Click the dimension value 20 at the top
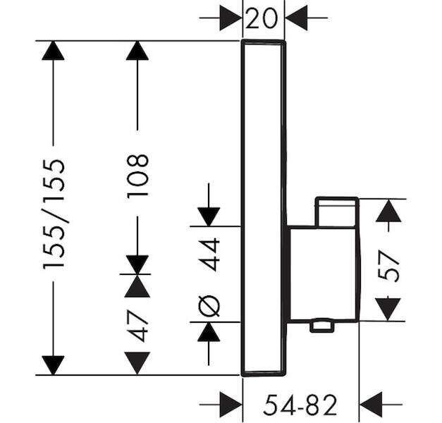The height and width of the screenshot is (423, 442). [262, 18]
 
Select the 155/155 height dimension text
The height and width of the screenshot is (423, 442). [54, 214]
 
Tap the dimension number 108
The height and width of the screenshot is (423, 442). [137, 176]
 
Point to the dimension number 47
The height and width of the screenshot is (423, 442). [137, 326]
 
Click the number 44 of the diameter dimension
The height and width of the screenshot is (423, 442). [209, 255]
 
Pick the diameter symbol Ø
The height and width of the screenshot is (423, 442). [209, 306]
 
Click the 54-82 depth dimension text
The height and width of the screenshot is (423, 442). [300, 405]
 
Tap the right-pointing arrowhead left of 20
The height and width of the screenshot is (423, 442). [231, 18]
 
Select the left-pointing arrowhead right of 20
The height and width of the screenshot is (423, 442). [296, 18]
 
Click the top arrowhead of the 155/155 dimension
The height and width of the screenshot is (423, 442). [53, 51]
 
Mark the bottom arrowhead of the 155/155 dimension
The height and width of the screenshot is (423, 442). [53, 365]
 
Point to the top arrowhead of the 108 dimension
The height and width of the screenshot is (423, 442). [137, 51]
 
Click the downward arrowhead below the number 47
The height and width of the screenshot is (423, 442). [137, 363]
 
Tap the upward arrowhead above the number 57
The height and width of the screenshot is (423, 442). [388, 211]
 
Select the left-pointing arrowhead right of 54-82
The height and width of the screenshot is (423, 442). [371, 405]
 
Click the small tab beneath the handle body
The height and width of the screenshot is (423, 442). [322, 326]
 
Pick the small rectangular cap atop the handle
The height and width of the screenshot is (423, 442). [336, 211]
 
